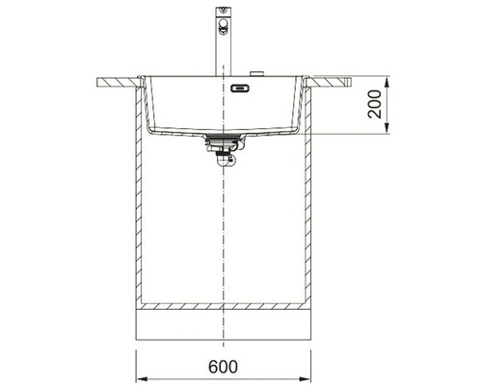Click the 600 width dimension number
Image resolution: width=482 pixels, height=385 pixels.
(x=224, y=367)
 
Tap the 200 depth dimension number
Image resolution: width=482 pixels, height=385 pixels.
(x=375, y=104)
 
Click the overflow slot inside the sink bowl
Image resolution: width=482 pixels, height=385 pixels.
(x=240, y=88)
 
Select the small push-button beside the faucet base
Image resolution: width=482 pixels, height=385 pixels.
(x=256, y=73)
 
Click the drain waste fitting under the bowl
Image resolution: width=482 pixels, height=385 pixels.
(x=224, y=149)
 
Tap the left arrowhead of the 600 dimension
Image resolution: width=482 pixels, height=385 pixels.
(x=142, y=377)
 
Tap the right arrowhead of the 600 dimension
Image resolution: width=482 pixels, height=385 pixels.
(x=306, y=377)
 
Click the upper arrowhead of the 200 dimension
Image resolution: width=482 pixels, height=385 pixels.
(x=387, y=81)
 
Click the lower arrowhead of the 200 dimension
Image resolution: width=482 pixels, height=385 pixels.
(x=387, y=128)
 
